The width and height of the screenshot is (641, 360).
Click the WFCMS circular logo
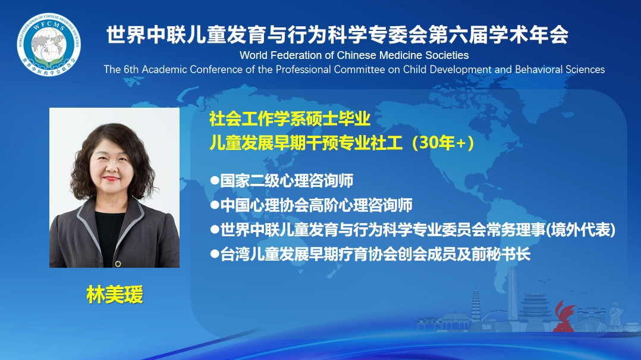(x=49, y=44)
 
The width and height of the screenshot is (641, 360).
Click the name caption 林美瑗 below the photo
(x=115, y=295)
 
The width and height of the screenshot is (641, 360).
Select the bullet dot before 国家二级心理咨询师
(x=215, y=180)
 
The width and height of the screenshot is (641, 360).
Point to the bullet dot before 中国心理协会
(x=215, y=205)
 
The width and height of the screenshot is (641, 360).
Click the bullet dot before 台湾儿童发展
(x=215, y=254)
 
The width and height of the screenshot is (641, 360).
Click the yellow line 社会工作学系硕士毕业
(x=290, y=118)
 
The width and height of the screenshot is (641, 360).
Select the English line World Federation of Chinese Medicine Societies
(x=354, y=55)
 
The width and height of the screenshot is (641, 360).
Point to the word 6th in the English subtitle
(x=131, y=70)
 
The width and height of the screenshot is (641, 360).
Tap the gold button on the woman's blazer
(x=118, y=264)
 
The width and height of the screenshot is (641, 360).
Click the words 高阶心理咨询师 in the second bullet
(x=360, y=205)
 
